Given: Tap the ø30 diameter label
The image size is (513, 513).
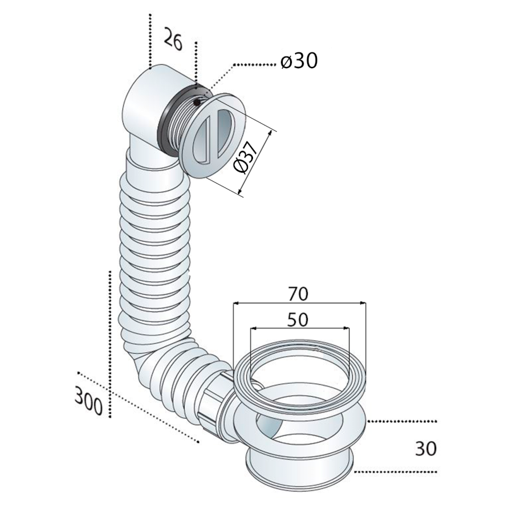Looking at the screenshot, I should click(x=299, y=61).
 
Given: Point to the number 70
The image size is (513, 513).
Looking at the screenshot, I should click(x=298, y=294).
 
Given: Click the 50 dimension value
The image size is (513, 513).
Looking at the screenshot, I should click(x=298, y=319).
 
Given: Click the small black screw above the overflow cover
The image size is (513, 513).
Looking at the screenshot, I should click(x=197, y=102).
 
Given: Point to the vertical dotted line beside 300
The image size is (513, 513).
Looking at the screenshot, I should click(x=109, y=342).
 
